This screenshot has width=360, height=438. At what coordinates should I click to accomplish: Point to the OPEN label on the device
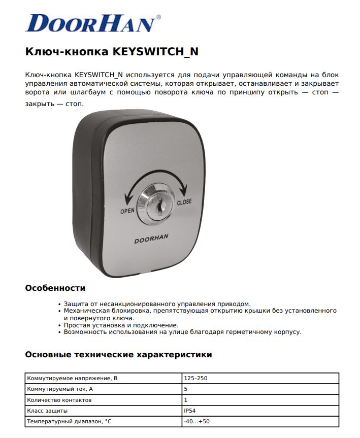[x=127, y=211]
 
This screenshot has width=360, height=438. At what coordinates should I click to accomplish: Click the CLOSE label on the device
[x=184, y=202]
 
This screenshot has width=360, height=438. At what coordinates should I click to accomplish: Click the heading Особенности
[x=55, y=288]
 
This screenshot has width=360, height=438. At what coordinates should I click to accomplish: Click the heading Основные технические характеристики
[x=118, y=355]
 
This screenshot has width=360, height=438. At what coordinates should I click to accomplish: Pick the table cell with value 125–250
[x=195, y=379]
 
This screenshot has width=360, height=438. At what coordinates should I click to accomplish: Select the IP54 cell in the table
[x=190, y=411]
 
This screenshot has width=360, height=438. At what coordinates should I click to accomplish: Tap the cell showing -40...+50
[x=197, y=421]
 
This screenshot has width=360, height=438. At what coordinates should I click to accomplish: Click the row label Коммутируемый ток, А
[x=60, y=389]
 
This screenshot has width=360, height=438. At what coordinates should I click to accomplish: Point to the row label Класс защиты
[x=47, y=411]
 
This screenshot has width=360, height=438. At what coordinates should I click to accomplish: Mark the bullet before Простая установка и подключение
[x=60, y=325]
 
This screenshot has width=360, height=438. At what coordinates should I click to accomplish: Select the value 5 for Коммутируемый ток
[x=185, y=389]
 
